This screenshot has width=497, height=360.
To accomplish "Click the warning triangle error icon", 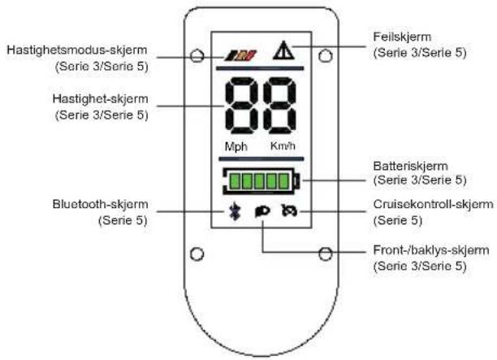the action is [x=283, y=50].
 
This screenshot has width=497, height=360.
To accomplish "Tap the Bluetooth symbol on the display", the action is [x=235, y=211].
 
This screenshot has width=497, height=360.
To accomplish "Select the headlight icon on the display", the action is [x=262, y=211].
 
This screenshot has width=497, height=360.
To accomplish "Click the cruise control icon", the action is [x=289, y=210].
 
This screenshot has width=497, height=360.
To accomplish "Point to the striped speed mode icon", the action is [x=241, y=55].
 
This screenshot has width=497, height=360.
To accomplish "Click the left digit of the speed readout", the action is [x=242, y=106].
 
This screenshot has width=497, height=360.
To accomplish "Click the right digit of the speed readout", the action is [x=279, y=106].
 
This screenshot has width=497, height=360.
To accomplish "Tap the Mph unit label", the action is [x=236, y=147].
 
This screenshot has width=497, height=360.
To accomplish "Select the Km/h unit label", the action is [x=283, y=146].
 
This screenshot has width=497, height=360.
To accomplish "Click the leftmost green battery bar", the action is [x=235, y=181].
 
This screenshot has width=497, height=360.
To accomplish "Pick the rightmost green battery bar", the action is [x=284, y=181].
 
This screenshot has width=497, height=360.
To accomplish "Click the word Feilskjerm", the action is [x=402, y=37].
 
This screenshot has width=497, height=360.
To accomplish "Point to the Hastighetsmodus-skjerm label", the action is [x=77, y=50].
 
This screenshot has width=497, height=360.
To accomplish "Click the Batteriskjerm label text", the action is [x=410, y=166].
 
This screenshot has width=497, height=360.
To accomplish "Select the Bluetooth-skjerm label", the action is [x=100, y=204].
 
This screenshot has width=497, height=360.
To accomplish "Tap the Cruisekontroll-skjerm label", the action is [x=433, y=204].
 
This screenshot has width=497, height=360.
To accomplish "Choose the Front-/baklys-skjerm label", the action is [x=431, y=250].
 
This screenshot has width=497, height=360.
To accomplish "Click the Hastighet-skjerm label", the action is [x=100, y=99].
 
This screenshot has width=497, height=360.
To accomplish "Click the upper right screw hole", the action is [x=325, y=56].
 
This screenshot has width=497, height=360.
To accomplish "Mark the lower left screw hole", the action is [x=197, y=254].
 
